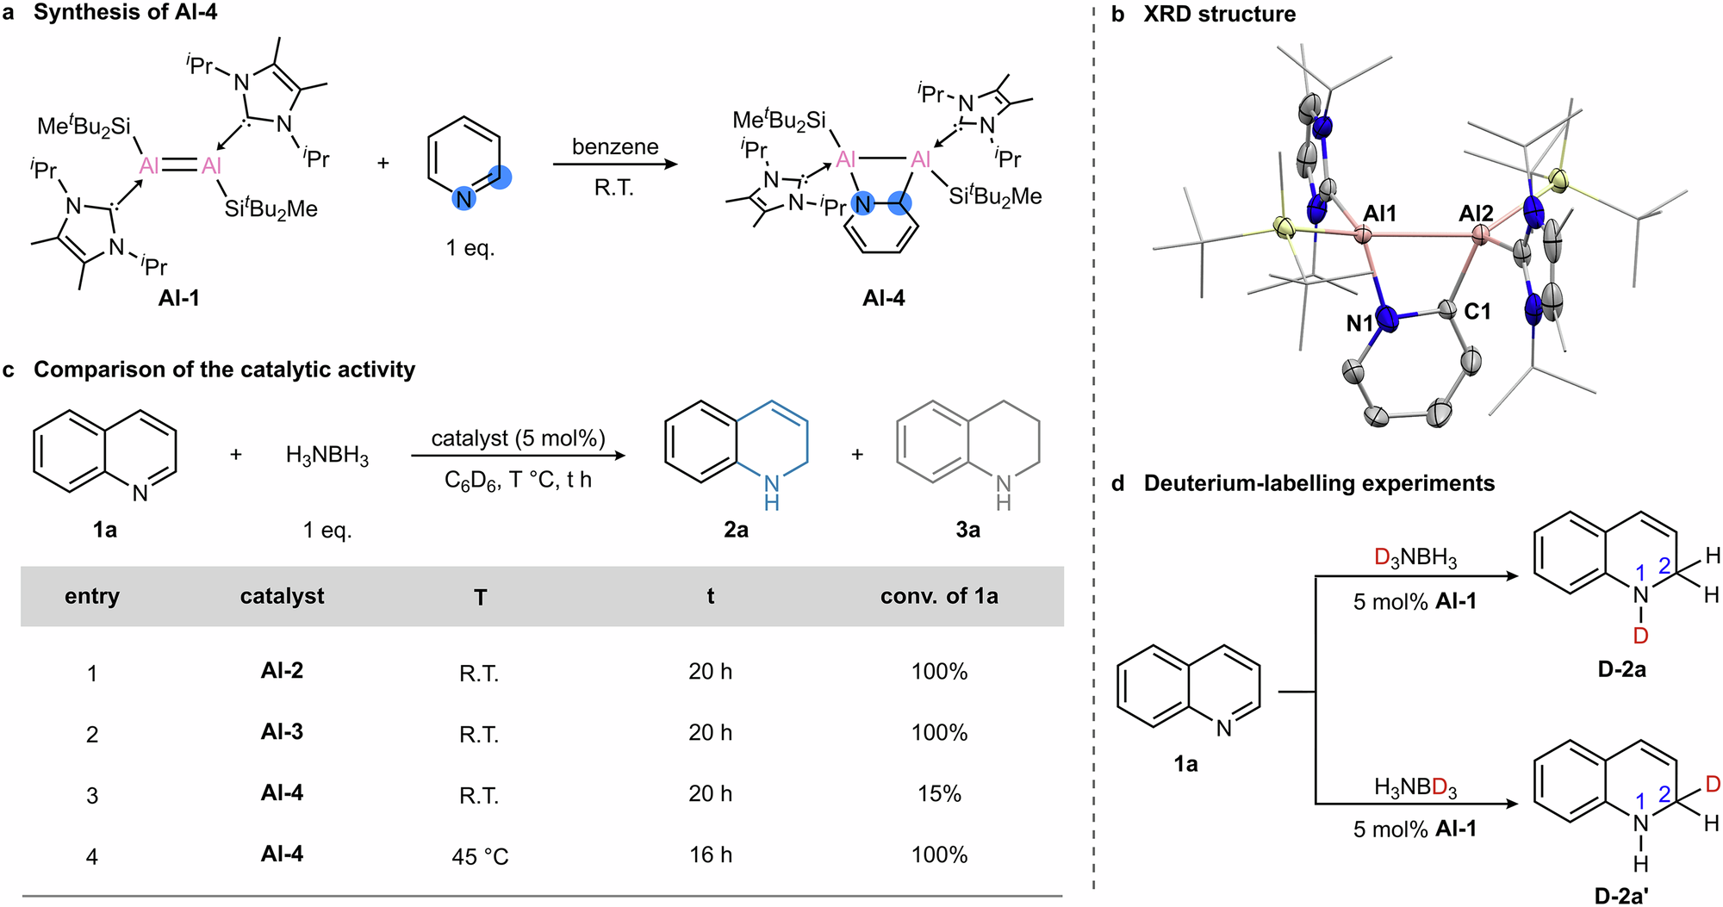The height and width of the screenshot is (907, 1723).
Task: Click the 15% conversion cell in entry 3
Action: [938, 793]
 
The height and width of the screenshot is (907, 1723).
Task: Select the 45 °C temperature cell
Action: [480, 856]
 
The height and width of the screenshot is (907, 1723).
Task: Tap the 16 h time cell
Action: [710, 854]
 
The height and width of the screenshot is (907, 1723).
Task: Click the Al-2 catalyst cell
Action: [282, 671]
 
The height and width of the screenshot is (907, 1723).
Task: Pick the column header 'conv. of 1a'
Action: [938, 596]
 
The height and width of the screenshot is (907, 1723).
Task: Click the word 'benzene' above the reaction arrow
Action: [615, 146]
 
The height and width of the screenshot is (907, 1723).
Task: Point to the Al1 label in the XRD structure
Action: [1379, 213]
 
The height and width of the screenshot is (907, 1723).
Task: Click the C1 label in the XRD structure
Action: [1477, 312]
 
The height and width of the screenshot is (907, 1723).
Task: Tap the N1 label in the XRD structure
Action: [1359, 324]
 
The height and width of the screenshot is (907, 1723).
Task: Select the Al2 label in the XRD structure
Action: [1476, 213]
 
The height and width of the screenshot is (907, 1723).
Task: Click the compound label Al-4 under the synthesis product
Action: [883, 298]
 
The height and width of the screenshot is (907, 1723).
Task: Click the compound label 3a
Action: [967, 530]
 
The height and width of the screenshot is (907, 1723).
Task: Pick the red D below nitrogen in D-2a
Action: [1640, 636]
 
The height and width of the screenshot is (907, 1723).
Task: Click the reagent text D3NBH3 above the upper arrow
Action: [1415, 558]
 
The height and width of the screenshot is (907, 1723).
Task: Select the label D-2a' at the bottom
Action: [1621, 896]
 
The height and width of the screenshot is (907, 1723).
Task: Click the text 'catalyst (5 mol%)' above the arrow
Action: [518, 438]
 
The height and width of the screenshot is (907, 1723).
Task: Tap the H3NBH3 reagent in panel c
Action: [327, 455]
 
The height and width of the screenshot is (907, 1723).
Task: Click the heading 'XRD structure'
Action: [1219, 14]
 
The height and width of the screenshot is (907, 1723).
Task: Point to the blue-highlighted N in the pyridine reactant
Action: [464, 199]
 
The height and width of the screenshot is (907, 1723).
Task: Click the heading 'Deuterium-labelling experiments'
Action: [1318, 483]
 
